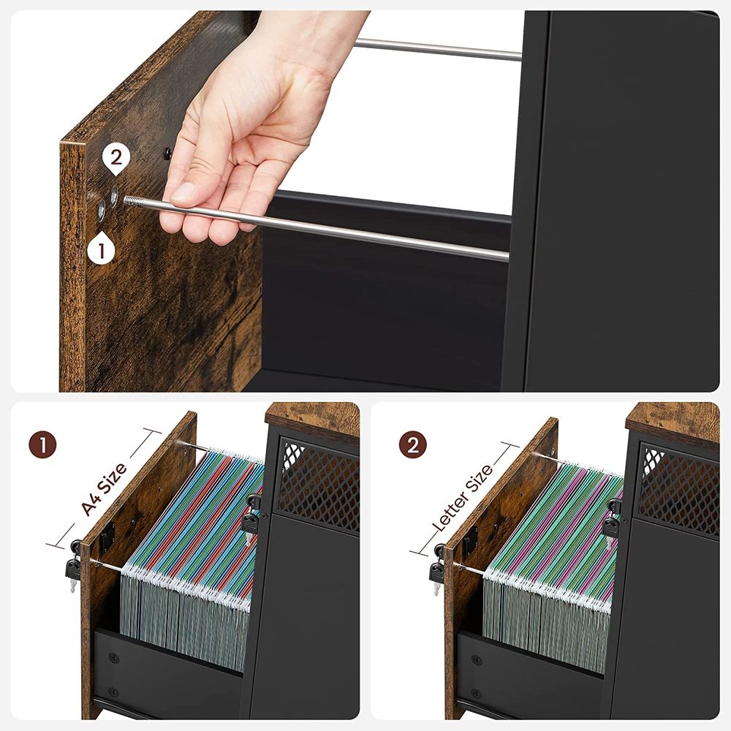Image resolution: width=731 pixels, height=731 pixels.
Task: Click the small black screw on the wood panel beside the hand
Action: (167, 154)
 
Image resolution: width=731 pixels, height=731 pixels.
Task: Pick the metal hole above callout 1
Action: (101, 212)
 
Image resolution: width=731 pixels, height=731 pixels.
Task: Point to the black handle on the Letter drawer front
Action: (469, 540)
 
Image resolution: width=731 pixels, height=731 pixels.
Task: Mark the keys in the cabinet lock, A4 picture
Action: (251, 518)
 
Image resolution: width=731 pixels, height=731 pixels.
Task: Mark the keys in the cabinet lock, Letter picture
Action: (611, 521)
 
